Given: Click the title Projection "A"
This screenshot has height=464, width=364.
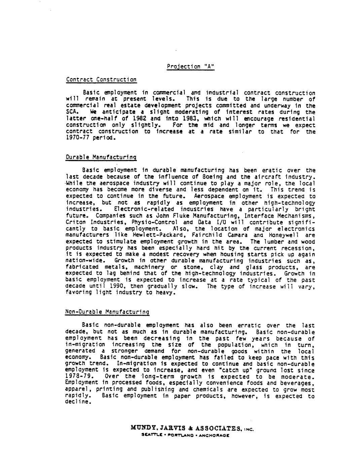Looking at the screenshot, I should [190, 67].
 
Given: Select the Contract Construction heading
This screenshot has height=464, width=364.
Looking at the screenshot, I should [101, 80].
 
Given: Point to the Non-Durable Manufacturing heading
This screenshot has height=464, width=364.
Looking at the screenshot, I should [107, 312].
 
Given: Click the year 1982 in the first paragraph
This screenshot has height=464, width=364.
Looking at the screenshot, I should [130, 119].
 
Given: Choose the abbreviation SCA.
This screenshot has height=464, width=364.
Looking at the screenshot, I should [72, 112].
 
